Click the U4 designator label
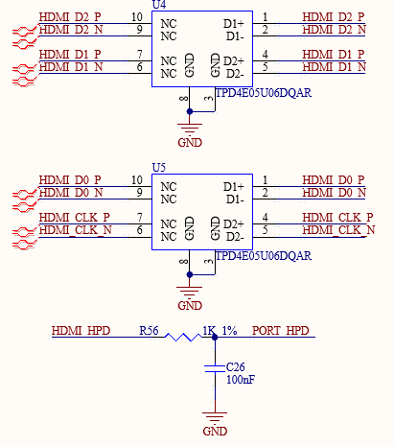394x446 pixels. [159, 5]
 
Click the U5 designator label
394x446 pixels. [159, 168]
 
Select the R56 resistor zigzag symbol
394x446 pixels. [183, 337]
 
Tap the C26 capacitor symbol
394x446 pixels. [215, 368]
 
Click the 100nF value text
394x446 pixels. [241, 380]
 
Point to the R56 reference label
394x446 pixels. [149, 331]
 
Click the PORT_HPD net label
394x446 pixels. [281, 331]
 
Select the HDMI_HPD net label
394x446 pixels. [81, 331]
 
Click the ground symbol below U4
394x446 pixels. [190, 129]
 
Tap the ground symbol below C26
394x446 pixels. [215, 417]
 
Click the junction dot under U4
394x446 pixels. [190, 111]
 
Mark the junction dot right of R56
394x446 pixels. [215, 337]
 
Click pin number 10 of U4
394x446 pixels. [137, 17]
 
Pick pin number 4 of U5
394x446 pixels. [265, 218]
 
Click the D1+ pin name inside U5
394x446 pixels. [234, 187]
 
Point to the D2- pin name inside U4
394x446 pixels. [235, 74]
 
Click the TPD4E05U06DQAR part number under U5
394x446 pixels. [264, 256]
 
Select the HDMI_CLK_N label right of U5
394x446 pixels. [338, 230]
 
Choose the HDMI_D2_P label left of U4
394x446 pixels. [70, 17]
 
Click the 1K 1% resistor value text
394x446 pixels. [220, 331]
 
